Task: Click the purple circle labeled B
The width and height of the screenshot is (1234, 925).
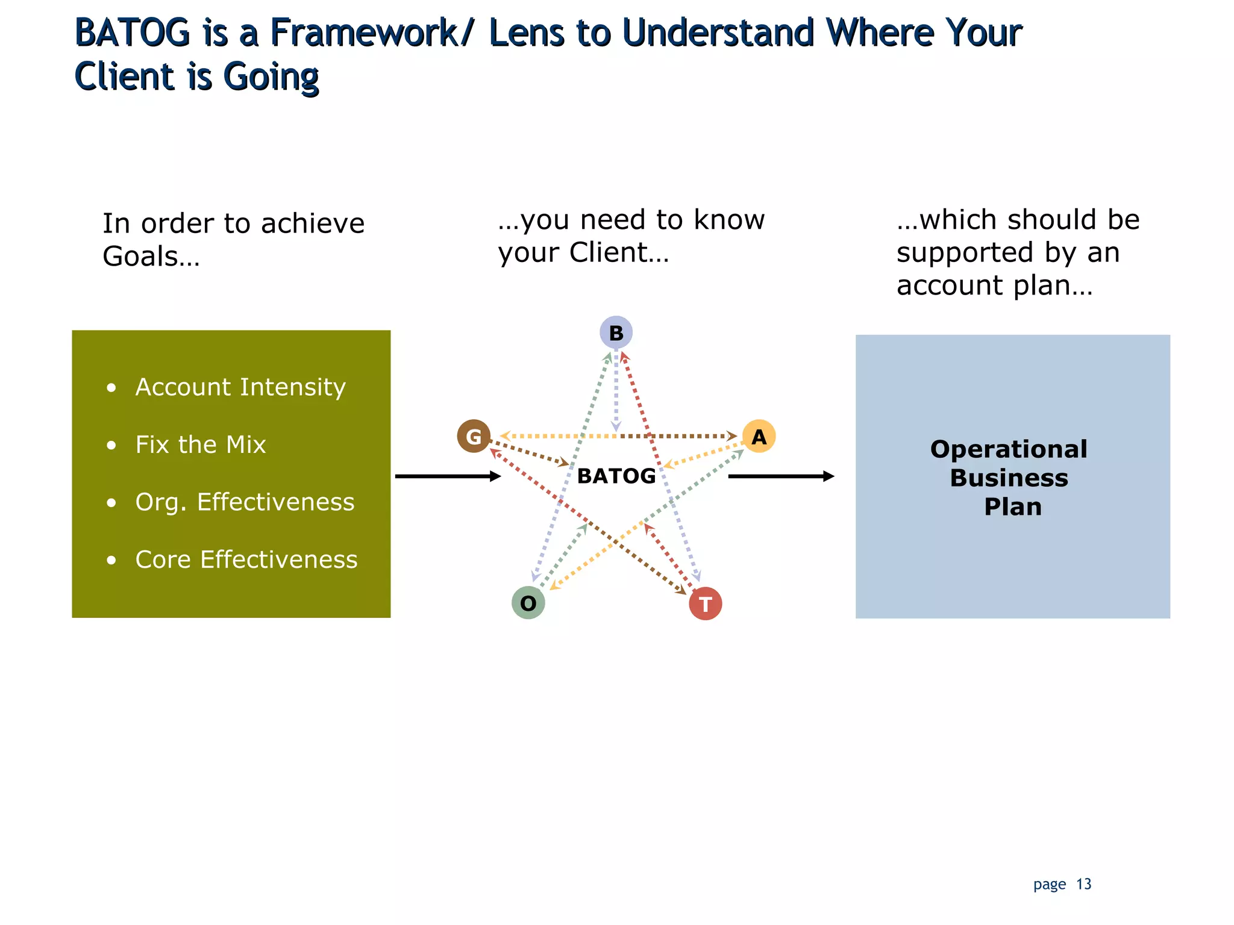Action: (x=616, y=332)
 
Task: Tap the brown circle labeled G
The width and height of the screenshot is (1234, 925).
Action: (x=474, y=436)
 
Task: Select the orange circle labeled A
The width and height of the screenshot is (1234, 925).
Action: (x=759, y=436)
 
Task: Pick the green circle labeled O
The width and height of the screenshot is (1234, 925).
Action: (x=528, y=603)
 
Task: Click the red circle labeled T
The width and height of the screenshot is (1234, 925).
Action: (x=705, y=603)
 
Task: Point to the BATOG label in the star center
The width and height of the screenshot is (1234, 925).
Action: (x=616, y=476)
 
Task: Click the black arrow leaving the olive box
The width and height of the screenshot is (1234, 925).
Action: (x=447, y=476)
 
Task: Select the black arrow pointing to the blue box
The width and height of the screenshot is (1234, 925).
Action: (x=780, y=476)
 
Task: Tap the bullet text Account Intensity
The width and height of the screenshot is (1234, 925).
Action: (x=240, y=387)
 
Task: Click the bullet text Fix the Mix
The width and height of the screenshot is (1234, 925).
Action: (x=200, y=444)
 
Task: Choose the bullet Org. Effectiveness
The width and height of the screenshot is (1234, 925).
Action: (x=245, y=502)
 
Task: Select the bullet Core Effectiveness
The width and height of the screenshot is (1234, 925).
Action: (x=246, y=559)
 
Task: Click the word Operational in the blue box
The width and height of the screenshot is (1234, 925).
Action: (x=1009, y=449)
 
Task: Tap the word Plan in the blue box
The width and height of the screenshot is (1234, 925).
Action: (x=1012, y=506)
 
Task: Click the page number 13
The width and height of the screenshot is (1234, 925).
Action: (x=1083, y=884)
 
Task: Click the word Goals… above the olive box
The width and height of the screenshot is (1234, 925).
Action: (x=151, y=257)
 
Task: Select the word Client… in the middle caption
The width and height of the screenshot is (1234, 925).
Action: (x=619, y=252)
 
